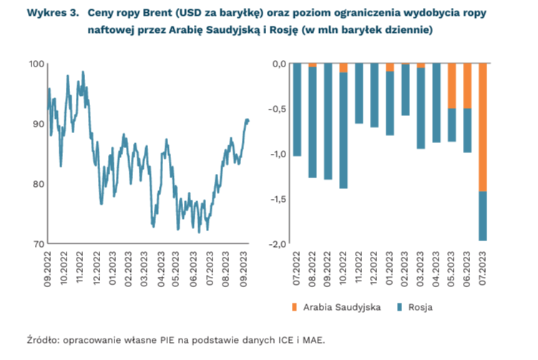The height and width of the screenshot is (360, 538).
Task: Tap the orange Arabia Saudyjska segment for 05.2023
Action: tap(451, 86)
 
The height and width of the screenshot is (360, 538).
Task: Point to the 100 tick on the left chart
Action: tap(36, 64)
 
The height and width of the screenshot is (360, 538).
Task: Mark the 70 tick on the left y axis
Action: tap(38, 244)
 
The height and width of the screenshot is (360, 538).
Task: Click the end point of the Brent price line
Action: tap(248, 120)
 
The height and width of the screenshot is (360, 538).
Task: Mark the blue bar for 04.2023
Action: tap(436, 103)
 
